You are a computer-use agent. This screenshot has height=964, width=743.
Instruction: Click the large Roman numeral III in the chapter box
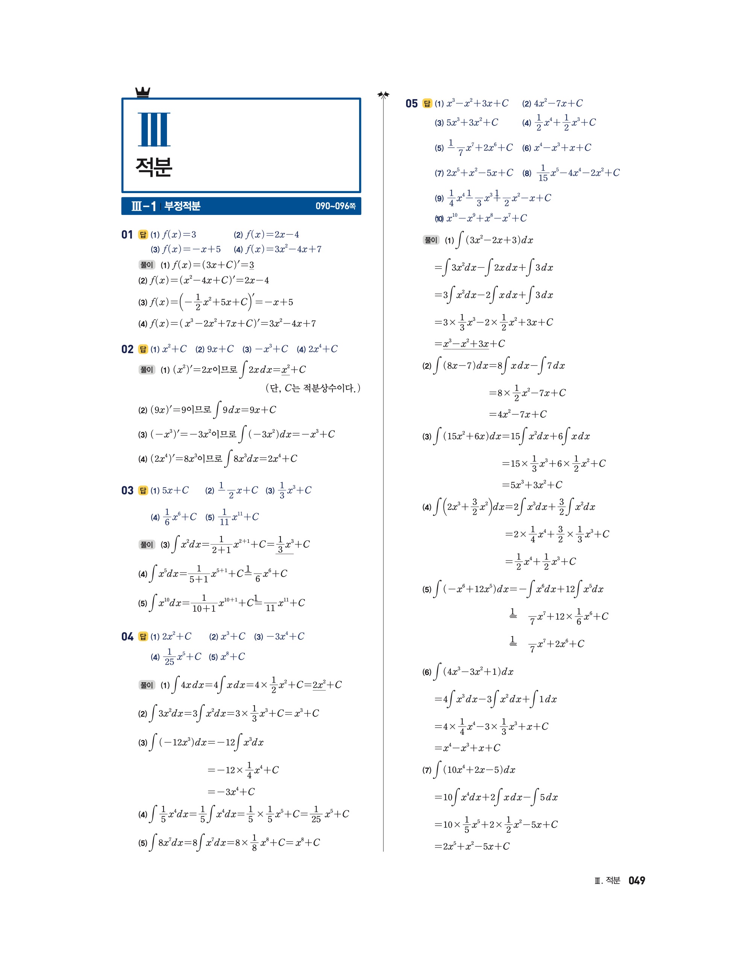tap(154, 129)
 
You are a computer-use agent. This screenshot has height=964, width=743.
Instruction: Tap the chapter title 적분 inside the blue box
tap(154, 167)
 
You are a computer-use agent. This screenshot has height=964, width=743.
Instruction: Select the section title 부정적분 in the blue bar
tap(182, 206)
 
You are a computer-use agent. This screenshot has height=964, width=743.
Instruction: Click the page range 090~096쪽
tap(335, 206)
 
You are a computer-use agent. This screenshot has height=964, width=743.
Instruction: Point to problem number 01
tap(127, 235)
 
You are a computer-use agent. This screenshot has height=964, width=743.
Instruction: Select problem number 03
tap(127, 491)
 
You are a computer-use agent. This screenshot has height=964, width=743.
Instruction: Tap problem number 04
tap(127, 636)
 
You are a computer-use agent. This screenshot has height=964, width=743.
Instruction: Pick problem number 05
tap(411, 104)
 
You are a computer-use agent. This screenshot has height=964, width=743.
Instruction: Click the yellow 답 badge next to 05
tap(427, 104)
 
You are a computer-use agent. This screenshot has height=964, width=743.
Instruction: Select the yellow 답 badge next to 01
tap(143, 235)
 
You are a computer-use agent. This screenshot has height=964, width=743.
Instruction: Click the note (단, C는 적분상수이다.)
tap(313, 388)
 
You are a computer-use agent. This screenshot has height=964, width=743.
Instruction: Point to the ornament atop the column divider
tap(383, 94)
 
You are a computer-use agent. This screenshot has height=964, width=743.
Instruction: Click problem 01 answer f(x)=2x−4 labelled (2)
tap(266, 235)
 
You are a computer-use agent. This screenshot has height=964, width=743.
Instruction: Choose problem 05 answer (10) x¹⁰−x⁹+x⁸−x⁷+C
tap(481, 218)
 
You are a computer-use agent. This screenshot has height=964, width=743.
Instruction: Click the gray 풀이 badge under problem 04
tap(146, 685)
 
